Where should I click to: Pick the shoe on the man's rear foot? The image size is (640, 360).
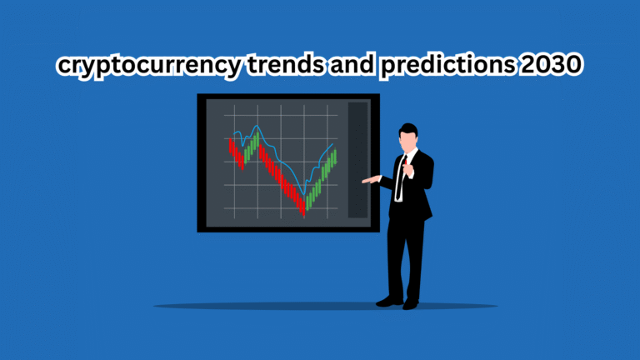tap(410, 304)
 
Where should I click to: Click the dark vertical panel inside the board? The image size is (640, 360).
tap(357, 160)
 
